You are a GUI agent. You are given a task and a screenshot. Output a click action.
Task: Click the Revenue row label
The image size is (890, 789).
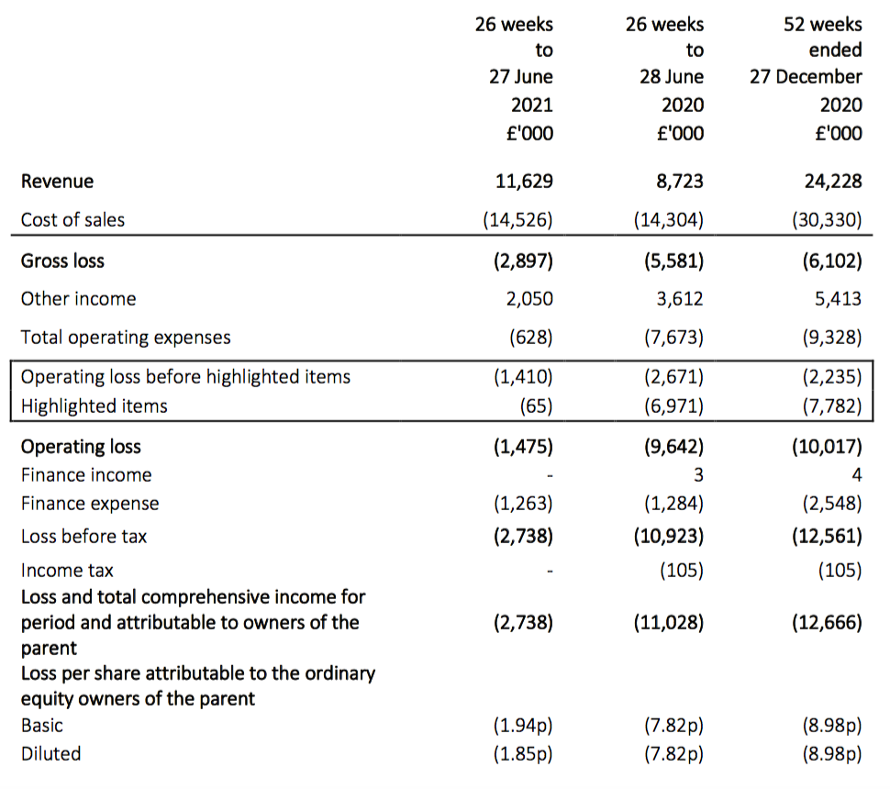[57, 181]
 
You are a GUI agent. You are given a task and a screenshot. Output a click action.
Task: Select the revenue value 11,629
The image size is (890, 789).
[524, 181]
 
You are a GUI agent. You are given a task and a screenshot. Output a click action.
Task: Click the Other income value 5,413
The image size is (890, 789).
[838, 298]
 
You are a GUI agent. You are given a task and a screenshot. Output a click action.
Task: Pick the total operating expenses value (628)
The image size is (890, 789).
[530, 338]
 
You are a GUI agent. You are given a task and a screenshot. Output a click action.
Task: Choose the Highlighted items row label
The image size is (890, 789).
[95, 406]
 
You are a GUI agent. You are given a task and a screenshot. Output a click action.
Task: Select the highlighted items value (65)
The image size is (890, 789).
[536, 406]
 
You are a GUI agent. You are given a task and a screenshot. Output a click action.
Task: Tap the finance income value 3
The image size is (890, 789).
[698, 474]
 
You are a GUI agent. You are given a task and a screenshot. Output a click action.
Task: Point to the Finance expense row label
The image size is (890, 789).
[90, 504]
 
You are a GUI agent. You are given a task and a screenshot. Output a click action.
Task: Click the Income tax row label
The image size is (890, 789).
[67, 570]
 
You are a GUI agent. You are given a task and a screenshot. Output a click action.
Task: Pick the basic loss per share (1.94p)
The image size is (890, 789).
[523, 725]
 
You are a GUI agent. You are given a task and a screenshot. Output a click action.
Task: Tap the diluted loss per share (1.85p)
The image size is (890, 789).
[523, 753]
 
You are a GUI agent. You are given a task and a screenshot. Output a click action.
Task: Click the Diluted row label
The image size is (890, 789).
[51, 753]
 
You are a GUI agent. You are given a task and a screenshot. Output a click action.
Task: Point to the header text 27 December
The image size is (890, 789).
[806, 77]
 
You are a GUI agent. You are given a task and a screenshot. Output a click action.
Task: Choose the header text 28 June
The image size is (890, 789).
[672, 77]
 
